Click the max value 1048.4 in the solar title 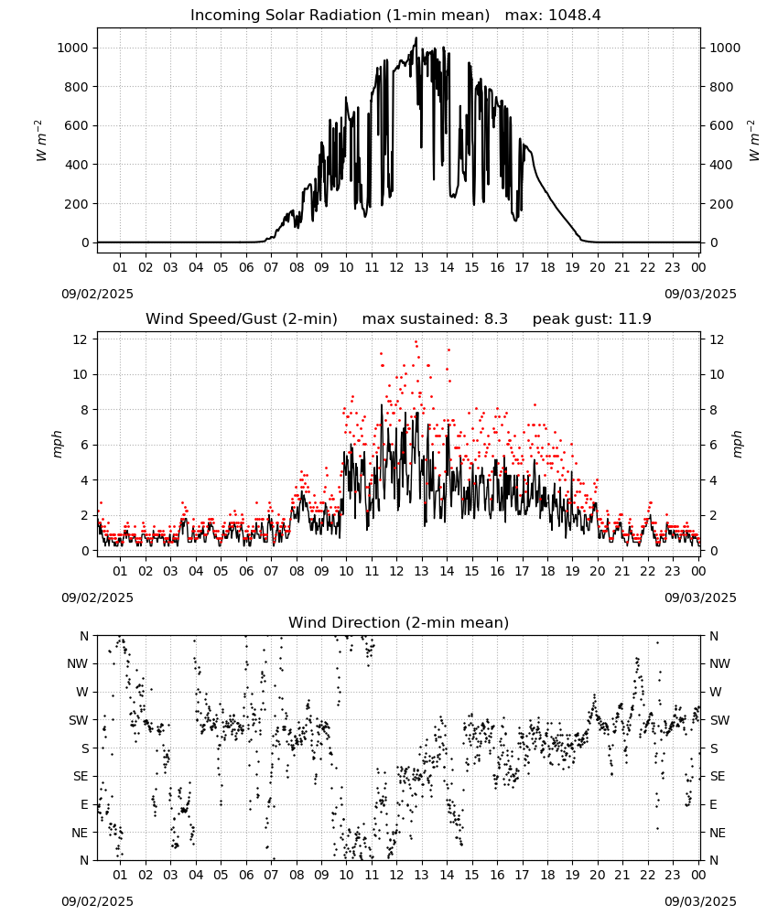point(574,15)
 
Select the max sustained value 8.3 point(495,318)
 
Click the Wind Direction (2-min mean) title point(399,622)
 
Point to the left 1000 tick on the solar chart point(72,48)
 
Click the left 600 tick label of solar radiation point(77,125)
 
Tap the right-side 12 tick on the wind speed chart point(717,339)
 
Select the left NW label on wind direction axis point(78,663)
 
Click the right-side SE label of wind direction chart point(718,776)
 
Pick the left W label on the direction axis point(82,692)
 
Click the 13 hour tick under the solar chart point(421,267)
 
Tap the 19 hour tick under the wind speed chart point(573,571)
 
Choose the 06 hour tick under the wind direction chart point(246,875)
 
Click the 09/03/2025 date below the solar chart point(700,294)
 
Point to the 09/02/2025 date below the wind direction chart point(97,901)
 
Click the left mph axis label point(57,445)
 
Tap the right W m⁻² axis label point(753,141)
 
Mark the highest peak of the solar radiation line point(416,38)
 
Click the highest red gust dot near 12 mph point(416,342)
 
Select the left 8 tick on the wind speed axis point(84,410)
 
